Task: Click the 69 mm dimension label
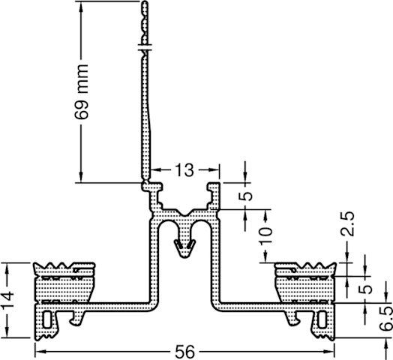click(x=82, y=91)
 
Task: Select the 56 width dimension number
click(x=185, y=352)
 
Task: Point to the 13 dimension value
click(x=184, y=170)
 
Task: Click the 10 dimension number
click(x=265, y=236)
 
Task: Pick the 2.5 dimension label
click(x=348, y=223)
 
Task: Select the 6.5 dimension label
click(x=386, y=319)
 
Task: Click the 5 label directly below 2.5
click(x=365, y=289)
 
